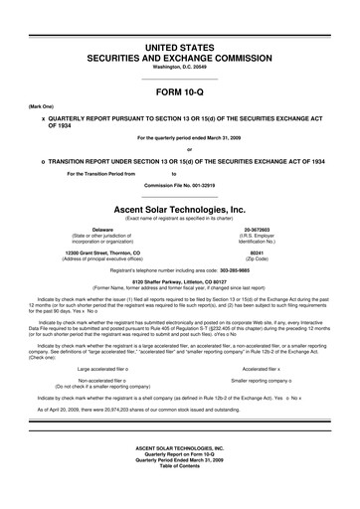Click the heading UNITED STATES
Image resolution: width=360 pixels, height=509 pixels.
point(180,48)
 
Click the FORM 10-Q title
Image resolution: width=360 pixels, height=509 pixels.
point(180,90)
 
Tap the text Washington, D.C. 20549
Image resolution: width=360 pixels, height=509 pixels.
point(180,67)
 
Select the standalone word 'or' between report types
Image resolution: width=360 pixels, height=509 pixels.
point(180,150)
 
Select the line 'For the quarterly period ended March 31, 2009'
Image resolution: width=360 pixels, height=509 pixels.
point(180,137)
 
